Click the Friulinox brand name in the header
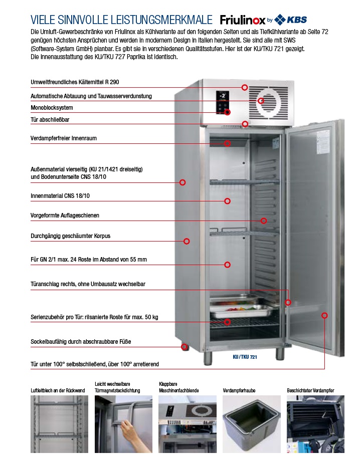(x=242, y=20)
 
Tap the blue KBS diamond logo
(x=280, y=20)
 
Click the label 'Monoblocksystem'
(x=52, y=108)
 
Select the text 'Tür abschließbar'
(x=50, y=120)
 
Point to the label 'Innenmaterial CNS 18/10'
(x=60, y=196)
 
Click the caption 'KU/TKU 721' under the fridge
(x=245, y=357)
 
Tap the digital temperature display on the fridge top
(x=223, y=96)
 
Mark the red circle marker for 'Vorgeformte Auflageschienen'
(x=264, y=221)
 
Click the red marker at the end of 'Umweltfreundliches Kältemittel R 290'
(x=245, y=87)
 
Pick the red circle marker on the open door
(x=325, y=315)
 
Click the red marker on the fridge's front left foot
(x=184, y=347)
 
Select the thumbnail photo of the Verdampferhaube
(x=251, y=424)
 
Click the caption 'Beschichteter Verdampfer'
(x=310, y=390)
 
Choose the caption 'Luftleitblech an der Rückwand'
(x=58, y=390)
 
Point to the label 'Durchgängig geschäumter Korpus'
(x=70, y=236)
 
